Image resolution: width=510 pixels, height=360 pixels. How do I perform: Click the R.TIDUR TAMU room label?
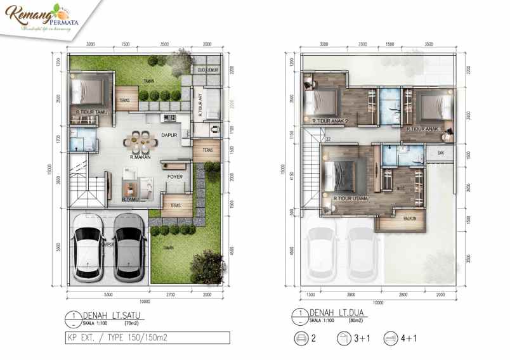coord(91,112)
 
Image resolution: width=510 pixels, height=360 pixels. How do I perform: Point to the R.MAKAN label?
coord(140,156)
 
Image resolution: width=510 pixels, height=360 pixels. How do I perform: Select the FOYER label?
coord(176,177)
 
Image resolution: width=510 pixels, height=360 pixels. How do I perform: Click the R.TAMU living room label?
coord(131,200)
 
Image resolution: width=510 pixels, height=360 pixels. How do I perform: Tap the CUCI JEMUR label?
coord(207,69)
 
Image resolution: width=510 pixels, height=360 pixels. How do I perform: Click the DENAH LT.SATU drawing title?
coord(107,315)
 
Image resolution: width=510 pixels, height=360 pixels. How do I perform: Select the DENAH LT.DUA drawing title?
coord(332,313)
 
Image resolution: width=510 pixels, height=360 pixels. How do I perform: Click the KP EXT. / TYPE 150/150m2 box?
coord(148,337)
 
